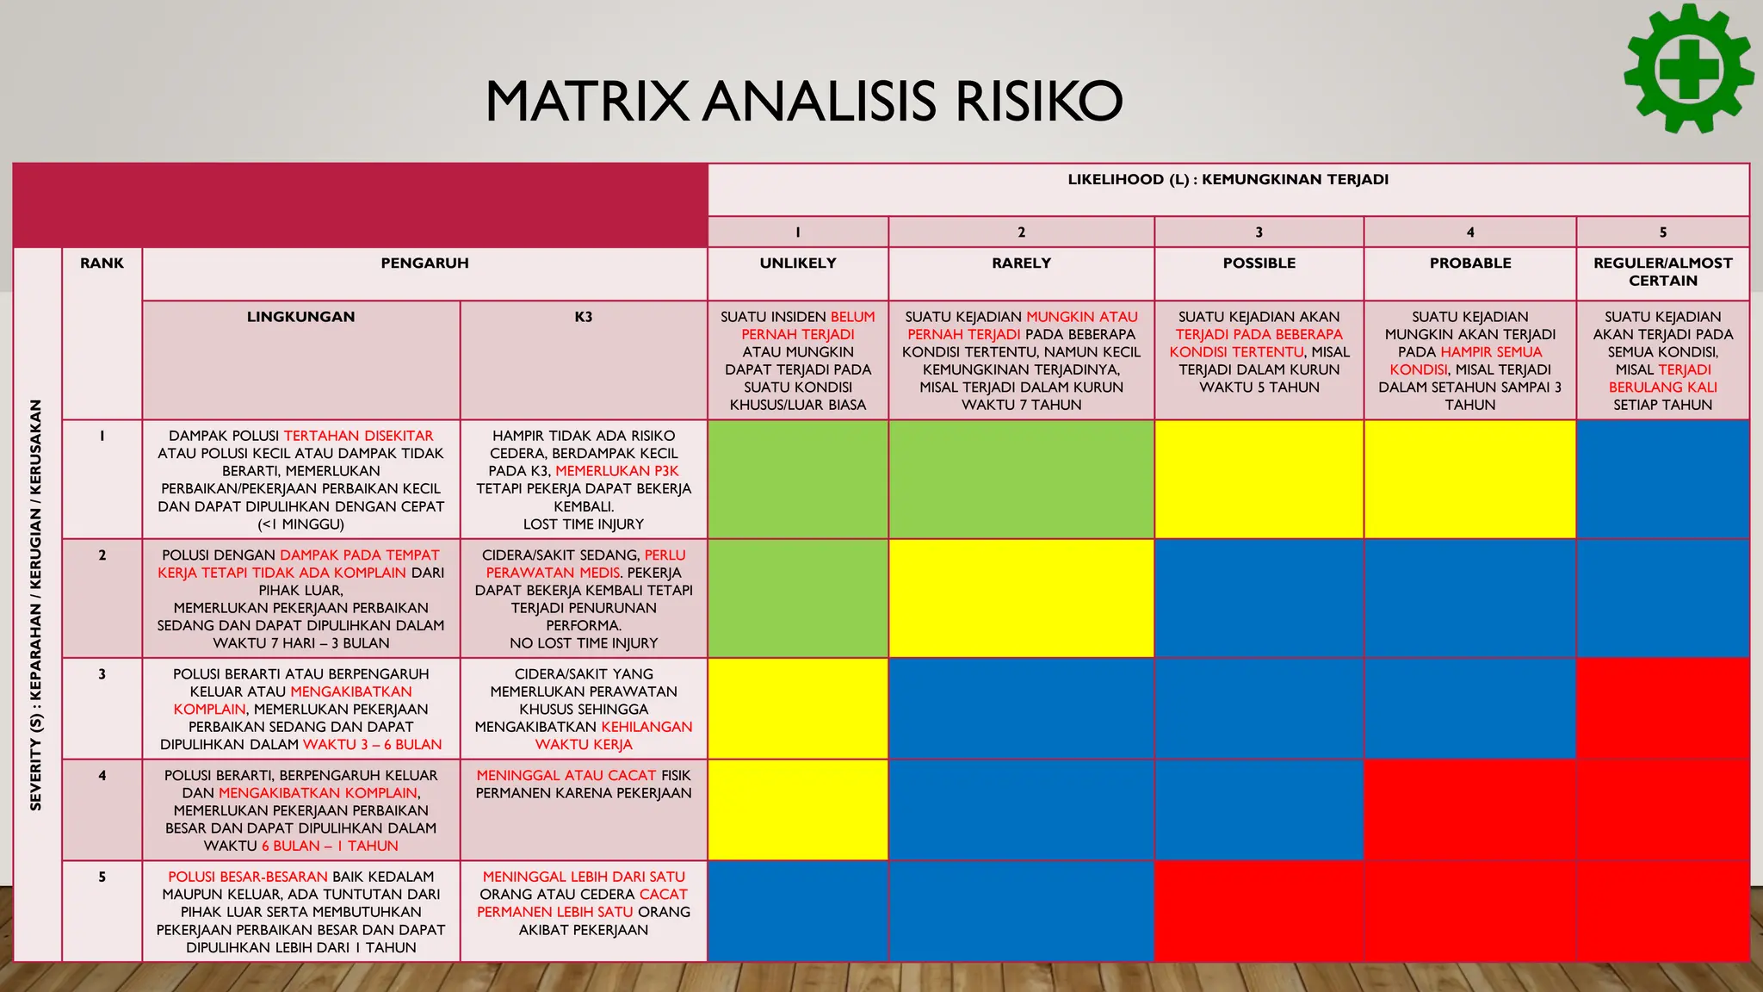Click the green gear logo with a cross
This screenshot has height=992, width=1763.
(1688, 69)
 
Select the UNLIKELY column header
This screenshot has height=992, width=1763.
(797, 263)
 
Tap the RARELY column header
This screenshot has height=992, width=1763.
(1021, 263)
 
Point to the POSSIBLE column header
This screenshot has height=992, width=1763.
(1259, 263)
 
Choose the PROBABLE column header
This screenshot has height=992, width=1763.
(1469, 263)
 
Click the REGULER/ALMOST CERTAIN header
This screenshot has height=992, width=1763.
(1662, 272)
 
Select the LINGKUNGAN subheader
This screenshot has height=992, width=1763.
(300, 317)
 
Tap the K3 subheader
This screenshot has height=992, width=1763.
(584, 317)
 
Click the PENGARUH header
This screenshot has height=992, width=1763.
(424, 263)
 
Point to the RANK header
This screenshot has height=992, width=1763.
(102, 263)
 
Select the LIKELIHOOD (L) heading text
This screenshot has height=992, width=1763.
(1228, 180)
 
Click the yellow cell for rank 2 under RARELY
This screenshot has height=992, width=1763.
(1021, 598)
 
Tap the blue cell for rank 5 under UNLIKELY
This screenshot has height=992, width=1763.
(797, 910)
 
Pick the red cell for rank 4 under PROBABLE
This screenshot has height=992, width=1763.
(1469, 809)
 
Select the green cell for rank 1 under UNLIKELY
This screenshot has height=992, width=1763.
(797, 479)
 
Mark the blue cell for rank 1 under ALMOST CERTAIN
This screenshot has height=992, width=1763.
(1662, 479)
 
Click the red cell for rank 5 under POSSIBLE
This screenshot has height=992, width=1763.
(1259, 910)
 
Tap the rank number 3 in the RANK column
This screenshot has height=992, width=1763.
(102, 674)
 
